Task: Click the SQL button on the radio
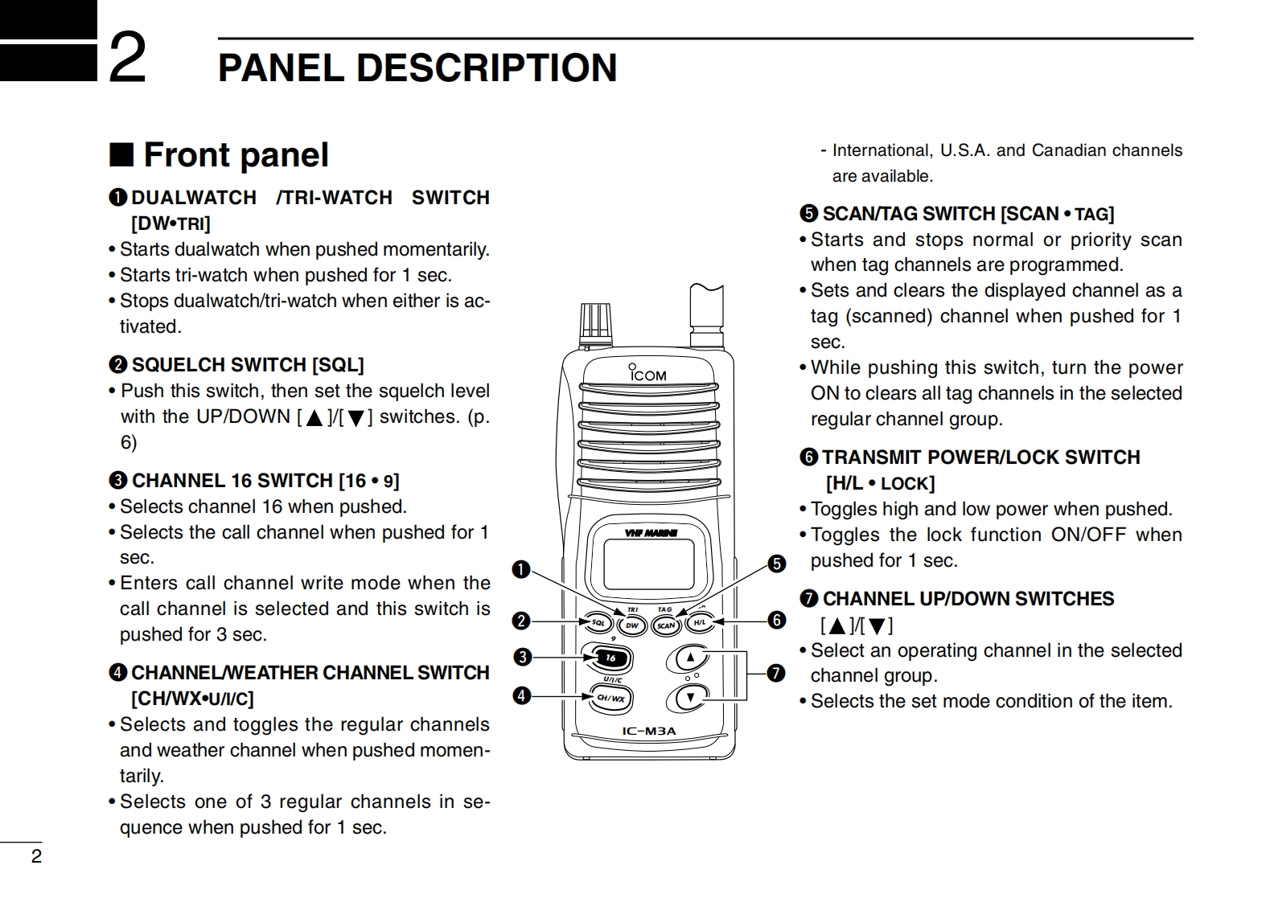[597, 622]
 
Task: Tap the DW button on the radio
[632, 625]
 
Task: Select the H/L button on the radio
[700, 622]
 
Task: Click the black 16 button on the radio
[610, 658]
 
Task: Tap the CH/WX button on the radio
[610, 697]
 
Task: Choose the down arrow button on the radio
[690, 697]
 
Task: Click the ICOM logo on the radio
[647, 374]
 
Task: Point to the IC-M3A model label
[649, 731]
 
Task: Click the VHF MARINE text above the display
[650, 532]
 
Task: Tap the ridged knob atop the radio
[596, 320]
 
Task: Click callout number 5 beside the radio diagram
[776, 564]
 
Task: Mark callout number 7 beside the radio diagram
[775, 672]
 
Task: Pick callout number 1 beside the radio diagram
[521, 570]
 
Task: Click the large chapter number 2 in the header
[127, 57]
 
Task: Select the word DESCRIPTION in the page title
[486, 68]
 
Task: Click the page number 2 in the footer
[36, 856]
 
